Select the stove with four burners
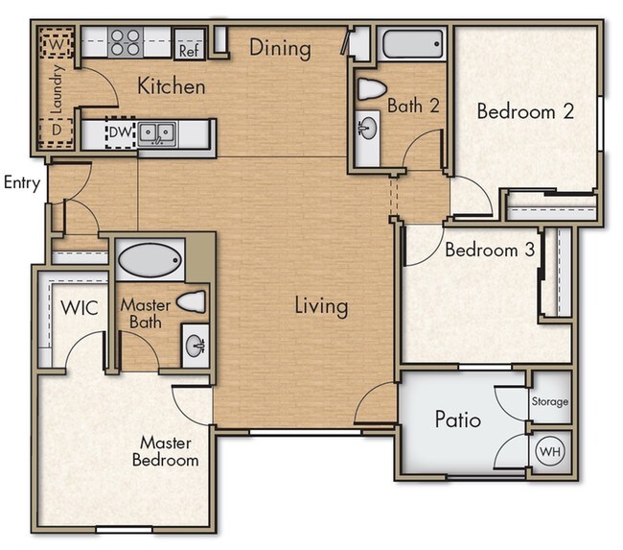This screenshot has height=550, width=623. click(x=125, y=42)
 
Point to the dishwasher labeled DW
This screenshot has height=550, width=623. click(x=120, y=132)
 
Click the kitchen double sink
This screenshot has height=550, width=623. click(x=155, y=132)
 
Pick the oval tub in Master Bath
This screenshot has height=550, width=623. click(x=150, y=259)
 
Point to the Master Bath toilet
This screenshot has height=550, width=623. click(x=193, y=302)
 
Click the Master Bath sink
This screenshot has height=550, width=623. click(x=195, y=343)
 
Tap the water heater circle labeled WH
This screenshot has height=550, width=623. click(x=549, y=450)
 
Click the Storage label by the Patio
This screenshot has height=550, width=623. click(x=550, y=401)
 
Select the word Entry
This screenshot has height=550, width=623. click(x=20, y=182)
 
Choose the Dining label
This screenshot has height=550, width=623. click(x=280, y=47)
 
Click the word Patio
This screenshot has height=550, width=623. click(x=457, y=420)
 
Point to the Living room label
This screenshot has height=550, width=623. click(x=320, y=306)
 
